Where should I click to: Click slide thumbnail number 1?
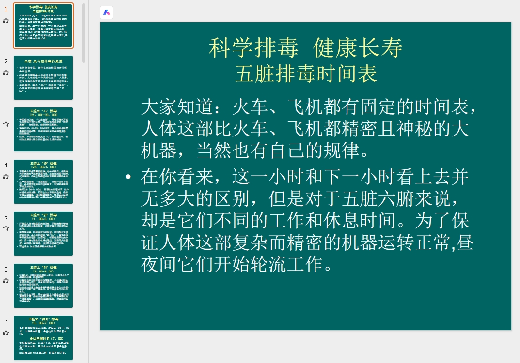tap(43, 26)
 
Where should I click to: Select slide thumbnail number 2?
tap(43, 77)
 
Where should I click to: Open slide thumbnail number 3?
tap(43, 129)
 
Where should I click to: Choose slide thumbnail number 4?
tap(43, 181)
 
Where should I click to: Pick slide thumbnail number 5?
tap(43, 233)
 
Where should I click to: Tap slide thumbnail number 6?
tap(43, 286)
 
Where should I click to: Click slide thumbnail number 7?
tap(43, 337)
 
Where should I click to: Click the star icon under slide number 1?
tap(6, 20)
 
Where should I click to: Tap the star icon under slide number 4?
tap(6, 176)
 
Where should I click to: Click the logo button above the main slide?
tap(107, 13)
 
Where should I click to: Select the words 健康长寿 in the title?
tap(358, 48)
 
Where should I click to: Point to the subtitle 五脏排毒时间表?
tap(306, 74)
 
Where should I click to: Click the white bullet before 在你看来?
tap(128, 178)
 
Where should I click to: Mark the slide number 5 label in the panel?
tap(6, 217)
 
